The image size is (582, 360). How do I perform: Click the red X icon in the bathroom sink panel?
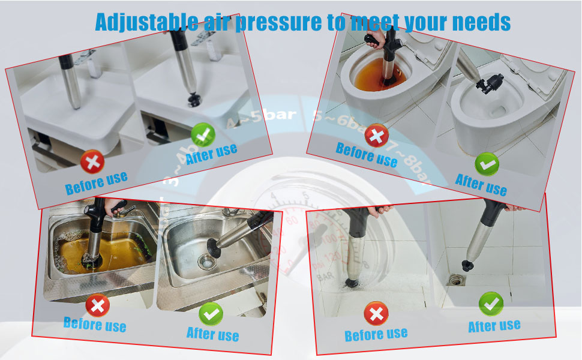tap(92, 161)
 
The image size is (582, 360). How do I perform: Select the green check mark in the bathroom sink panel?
tap(202, 134)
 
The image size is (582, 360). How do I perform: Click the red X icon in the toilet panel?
tap(377, 135)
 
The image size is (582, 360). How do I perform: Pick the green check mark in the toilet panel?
tap(486, 164)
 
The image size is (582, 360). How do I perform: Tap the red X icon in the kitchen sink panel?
tap(97, 306)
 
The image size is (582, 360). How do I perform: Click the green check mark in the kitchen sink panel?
tap(211, 313)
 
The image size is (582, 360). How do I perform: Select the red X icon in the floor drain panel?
tap(376, 314)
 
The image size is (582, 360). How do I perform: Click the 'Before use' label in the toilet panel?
tap(366, 155)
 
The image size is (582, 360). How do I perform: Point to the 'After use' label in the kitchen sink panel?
tap(212, 334)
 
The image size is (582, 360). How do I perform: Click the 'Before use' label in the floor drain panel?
tap(376, 334)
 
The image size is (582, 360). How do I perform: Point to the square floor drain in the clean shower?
tap(458, 280)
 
